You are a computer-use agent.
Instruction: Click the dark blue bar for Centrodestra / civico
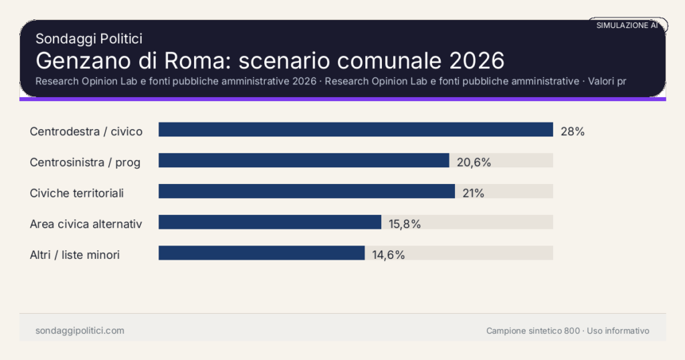click(x=355, y=130)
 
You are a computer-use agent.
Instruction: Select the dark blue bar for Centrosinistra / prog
click(x=304, y=161)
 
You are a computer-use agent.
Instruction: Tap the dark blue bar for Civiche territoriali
click(x=306, y=191)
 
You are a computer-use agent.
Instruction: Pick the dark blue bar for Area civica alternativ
click(x=270, y=222)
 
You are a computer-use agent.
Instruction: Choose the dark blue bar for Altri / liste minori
click(x=262, y=253)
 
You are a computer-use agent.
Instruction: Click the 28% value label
click(x=573, y=132)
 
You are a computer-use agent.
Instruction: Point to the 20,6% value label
click(x=474, y=162)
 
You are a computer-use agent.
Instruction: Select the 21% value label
click(x=473, y=193)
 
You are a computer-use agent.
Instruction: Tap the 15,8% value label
click(x=405, y=224)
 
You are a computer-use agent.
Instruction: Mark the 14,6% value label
click(x=389, y=255)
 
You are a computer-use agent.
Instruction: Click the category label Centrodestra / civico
click(x=86, y=132)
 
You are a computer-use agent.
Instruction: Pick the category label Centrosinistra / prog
click(x=85, y=162)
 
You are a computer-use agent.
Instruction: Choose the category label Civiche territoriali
click(x=77, y=193)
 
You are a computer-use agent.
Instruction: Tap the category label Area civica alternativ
click(x=86, y=224)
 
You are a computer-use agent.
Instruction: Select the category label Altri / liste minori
click(x=75, y=255)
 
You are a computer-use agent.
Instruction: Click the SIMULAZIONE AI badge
click(x=627, y=25)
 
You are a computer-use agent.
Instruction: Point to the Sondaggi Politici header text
click(x=88, y=39)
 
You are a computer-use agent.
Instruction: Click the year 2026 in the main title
click(x=476, y=61)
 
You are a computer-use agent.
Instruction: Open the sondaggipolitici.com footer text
click(x=80, y=331)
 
